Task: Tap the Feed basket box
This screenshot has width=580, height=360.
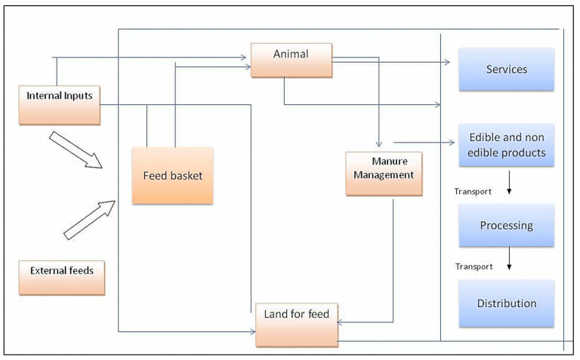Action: [172, 176]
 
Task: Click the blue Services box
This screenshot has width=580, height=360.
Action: [506, 69]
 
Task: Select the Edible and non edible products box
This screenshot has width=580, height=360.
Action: [506, 145]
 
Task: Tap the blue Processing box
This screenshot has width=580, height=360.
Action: [506, 226]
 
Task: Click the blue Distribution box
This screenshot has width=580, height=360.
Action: [506, 303]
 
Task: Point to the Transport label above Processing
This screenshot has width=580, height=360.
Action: [473, 192]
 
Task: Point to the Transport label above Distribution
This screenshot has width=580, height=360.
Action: [473, 266]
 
